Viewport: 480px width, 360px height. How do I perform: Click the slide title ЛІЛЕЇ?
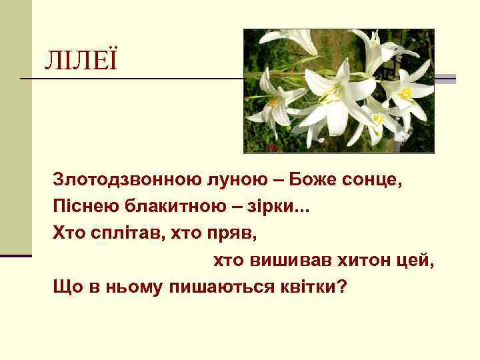80,61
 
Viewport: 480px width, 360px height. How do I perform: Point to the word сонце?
374,181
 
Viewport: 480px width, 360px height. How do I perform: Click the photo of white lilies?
339,91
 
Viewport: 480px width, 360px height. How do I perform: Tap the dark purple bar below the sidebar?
16,255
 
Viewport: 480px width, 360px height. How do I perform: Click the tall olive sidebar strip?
16,127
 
